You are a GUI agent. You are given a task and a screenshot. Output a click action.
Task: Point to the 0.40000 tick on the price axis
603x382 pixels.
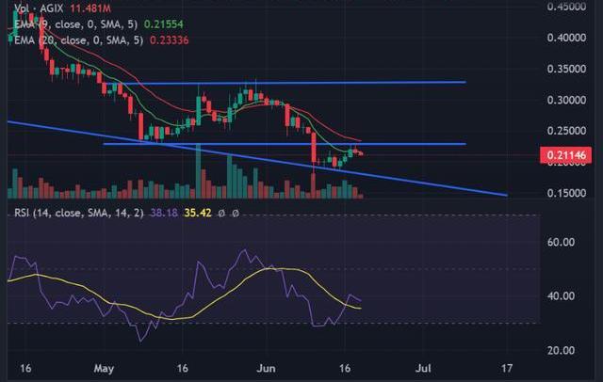pos(567,38)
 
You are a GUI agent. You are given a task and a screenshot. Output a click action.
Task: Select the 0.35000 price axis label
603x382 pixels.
pos(567,69)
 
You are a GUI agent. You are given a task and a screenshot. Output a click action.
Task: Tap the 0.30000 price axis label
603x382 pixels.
pos(567,100)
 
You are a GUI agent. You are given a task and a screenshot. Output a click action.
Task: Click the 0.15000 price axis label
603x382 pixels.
pos(567,193)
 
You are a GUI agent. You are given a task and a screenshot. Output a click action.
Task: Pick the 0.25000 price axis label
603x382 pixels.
pos(567,131)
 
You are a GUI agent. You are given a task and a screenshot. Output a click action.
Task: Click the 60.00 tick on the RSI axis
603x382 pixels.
pos(562,242)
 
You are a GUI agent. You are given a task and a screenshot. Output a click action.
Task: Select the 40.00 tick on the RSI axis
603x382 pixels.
pos(562,295)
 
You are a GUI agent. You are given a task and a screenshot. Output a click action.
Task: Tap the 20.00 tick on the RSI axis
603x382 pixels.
pos(562,350)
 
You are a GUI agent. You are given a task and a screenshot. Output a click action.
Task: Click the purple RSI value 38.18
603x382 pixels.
pos(162,213)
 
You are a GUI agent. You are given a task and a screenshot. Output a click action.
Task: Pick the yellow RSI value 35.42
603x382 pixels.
pos(195,213)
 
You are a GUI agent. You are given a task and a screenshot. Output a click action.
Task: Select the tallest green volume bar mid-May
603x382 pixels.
pos(198,169)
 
